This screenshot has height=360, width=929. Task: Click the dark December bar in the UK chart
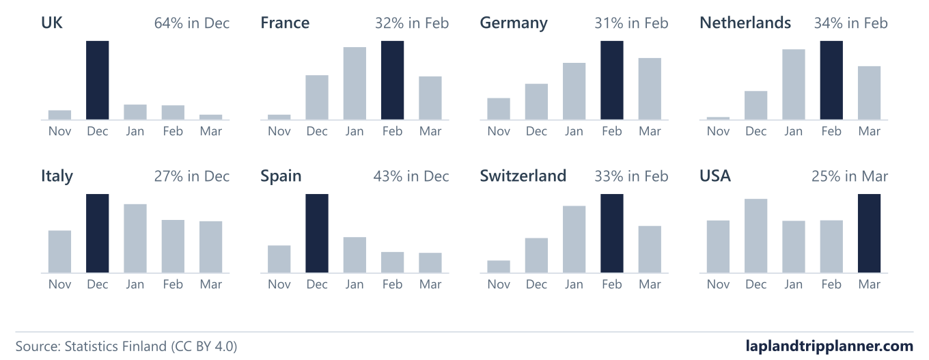pyautogui.click(x=98, y=80)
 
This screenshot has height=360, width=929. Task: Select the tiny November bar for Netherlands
pyautogui.click(x=718, y=118)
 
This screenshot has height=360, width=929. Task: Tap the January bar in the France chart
pyautogui.click(x=355, y=83)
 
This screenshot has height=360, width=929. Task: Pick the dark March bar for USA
pyautogui.click(x=869, y=233)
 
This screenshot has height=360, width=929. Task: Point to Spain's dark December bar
pyautogui.click(x=317, y=233)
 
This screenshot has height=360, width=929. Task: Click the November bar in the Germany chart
pyautogui.click(x=499, y=109)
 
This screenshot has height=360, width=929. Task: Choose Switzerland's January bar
pyautogui.click(x=574, y=239)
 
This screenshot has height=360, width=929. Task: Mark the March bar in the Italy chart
pyautogui.click(x=210, y=247)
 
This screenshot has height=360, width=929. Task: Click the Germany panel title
pyautogui.click(x=514, y=23)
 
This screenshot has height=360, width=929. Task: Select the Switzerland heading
pyautogui.click(x=523, y=176)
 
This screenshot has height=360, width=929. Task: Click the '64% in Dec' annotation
pyautogui.click(x=191, y=23)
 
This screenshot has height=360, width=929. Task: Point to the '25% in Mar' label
pyautogui.click(x=849, y=176)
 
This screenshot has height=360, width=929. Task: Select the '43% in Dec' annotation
pyautogui.click(x=411, y=176)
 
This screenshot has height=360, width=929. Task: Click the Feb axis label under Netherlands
pyautogui.click(x=831, y=131)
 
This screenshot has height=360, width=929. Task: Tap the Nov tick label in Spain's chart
pyautogui.click(x=279, y=284)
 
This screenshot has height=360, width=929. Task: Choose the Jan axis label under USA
pyautogui.click(x=793, y=284)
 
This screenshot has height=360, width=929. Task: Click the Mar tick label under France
pyautogui.click(x=430, y=131)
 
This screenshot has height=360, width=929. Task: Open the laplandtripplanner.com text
pyautogui.click(x=829, y=346)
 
